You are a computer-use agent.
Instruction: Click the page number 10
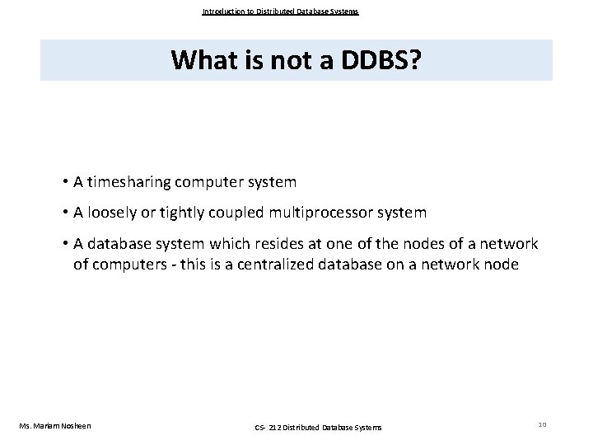pos(541,424)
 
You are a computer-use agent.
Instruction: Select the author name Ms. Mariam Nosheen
pos(54,425)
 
